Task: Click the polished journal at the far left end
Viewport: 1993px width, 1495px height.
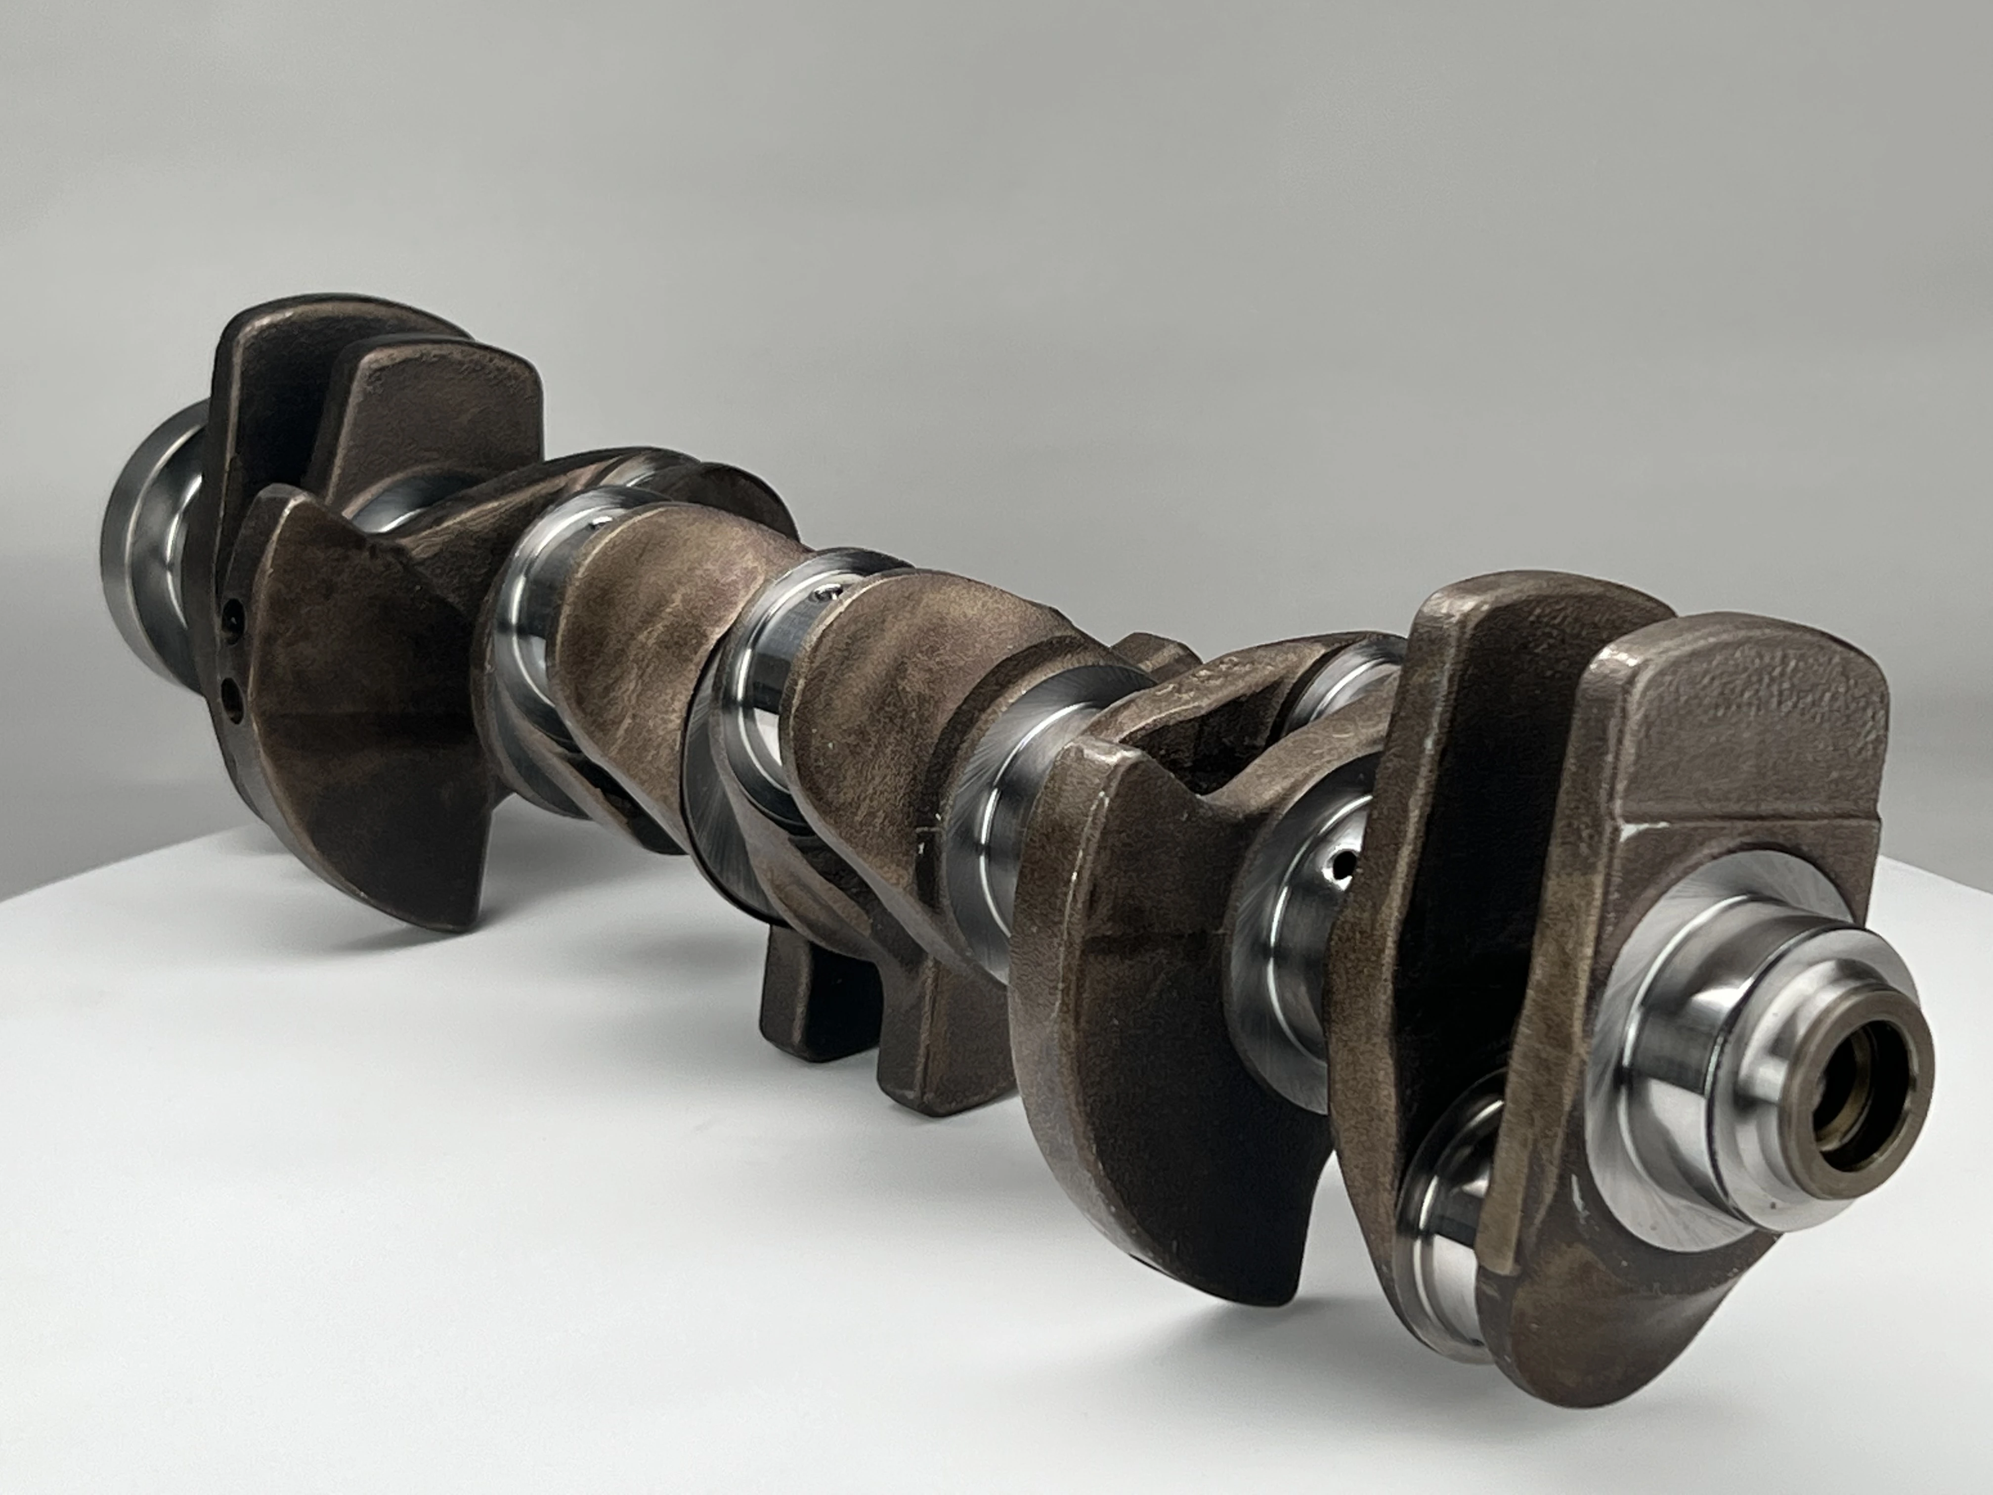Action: pyautogui.click(x=149, y=531)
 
